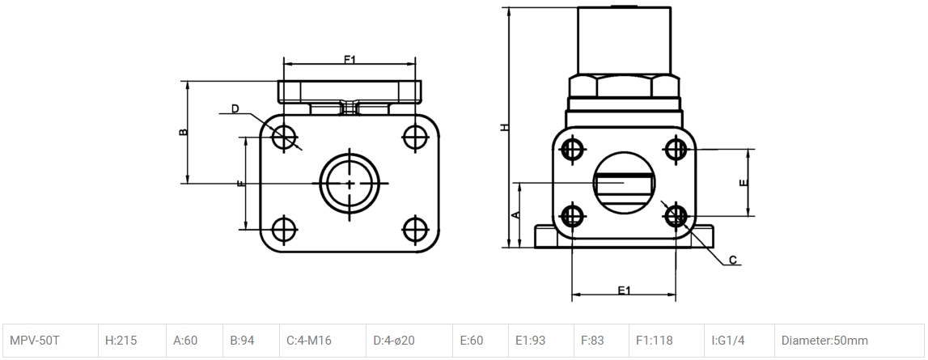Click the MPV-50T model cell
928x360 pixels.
tap(51, 341)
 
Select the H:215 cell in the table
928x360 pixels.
tap(132, 341)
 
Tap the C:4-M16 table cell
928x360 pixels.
tap(323, 341)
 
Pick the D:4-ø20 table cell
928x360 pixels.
tap(409, 341)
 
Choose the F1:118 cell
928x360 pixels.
tap(667, 341)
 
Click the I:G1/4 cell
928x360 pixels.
tap(739, 341)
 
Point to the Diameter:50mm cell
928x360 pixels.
tap(850, 341)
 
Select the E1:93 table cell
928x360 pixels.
tap(541, 341)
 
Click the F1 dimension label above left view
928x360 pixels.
tap(350, 59)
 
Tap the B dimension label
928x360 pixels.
tap(184, 131)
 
